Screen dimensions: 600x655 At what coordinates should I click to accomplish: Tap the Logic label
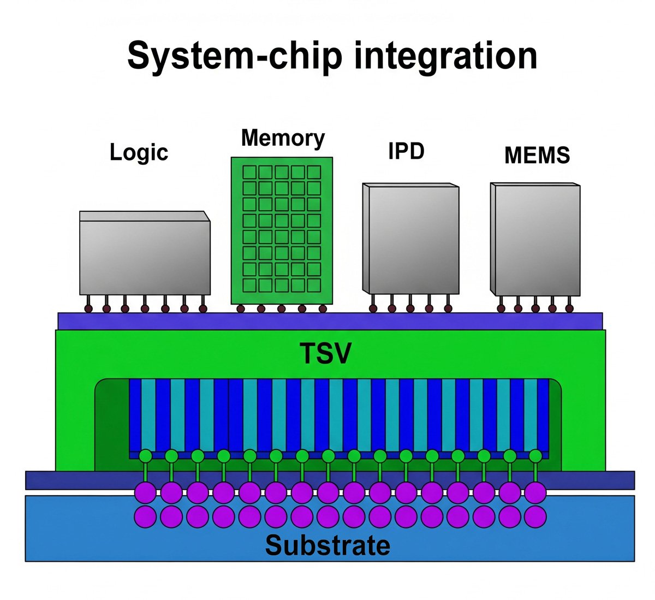point(139,152)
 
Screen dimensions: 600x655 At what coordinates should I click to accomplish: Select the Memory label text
point(283,138)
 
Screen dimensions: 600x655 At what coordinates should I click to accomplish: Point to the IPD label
point(406,151)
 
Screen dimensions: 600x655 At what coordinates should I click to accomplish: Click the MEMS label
point(537,156)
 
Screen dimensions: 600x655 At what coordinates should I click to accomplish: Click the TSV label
point(326,353)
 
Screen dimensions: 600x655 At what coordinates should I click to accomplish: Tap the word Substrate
point(327,545)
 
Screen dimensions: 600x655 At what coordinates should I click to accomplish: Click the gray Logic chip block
point(145,257)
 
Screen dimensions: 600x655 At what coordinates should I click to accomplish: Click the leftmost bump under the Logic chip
point(87,308)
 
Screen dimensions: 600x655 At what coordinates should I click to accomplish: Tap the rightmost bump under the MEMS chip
point(569,308)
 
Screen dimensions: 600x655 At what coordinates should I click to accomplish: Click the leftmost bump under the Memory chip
point(241,309)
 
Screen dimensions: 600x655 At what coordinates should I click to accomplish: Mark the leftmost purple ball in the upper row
point(145,492)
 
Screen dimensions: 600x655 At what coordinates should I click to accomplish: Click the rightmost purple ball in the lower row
point(535,516)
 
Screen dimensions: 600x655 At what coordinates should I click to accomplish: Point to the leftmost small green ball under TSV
point(146,455)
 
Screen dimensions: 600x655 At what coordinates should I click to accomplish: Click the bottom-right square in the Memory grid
point(314,284)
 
